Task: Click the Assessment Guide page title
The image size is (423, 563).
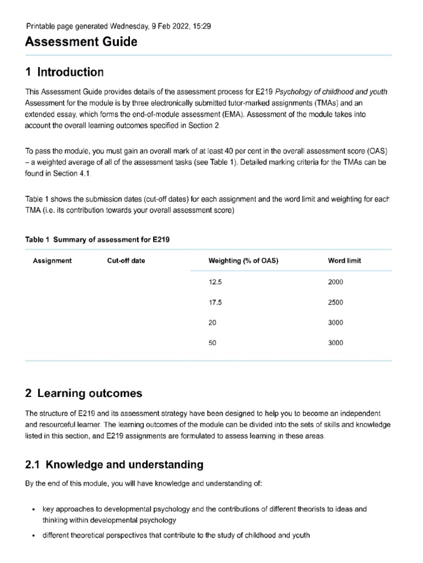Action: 81,42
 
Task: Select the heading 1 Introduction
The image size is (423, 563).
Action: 64,72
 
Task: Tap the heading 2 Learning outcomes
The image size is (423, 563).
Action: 84,393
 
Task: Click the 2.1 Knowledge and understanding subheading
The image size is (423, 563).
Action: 114,465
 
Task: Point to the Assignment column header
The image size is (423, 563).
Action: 52,261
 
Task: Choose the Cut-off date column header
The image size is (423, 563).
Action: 126,261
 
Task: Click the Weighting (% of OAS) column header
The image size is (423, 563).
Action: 243,261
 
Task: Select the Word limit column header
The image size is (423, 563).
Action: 344,261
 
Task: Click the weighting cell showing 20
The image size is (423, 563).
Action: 213,323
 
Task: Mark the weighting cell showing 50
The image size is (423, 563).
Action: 213,343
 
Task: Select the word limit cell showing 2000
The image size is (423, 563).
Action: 335,282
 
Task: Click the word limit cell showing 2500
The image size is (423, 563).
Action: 335,302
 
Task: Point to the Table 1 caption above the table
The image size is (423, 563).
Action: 101,240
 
